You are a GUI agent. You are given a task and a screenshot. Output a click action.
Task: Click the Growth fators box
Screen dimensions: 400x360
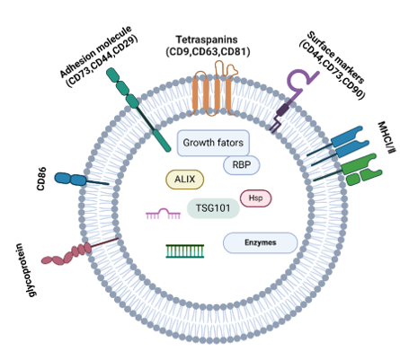click(x=213, y=143)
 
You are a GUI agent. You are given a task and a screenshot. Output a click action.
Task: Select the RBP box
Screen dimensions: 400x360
click(x=242, y=164)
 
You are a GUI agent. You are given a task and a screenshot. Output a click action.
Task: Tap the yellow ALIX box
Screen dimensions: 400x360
click(x=184, y=180)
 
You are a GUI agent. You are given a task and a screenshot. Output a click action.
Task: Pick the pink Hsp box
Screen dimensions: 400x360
click(x=255, y=198)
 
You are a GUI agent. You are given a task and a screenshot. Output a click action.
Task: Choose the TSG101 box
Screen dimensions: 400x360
click(x=213, y=208)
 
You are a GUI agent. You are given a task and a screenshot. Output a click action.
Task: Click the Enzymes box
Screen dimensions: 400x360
click(x=260, y=242)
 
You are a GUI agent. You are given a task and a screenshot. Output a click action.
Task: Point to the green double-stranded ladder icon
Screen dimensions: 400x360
click(x=185, y=250)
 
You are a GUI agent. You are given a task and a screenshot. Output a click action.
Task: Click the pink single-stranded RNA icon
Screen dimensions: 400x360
click(x=163, y=214)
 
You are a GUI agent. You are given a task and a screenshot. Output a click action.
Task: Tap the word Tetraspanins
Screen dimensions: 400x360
click(x=207, y=40)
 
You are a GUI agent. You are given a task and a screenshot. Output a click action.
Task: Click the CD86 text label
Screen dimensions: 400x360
click(x=41, y=179)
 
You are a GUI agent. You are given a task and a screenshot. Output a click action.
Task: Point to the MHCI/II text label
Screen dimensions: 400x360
click(x=386, y=137)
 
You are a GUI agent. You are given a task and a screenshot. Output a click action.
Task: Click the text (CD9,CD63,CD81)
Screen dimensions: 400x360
click(x=208, y=52)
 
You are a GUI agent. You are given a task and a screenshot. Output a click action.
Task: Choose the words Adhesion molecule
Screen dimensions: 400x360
click(x=96, y=51)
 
